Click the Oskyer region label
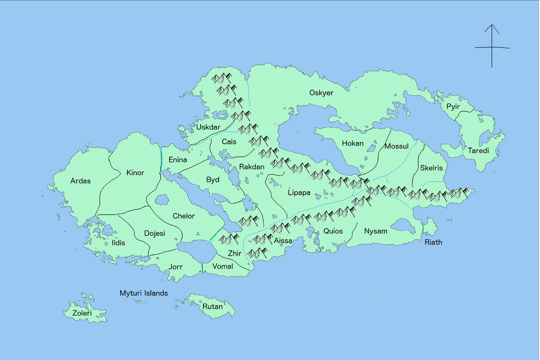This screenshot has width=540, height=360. pyautogui.click(x=321, y=93)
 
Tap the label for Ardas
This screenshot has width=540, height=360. pyautogui.click(x=81, y=181)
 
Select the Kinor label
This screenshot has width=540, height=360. pyautogui.click(x=135, y=173)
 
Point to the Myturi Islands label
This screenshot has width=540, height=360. pyautogui.click(x=144, y=293)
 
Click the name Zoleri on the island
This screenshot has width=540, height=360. pyautogui.click(x=82, y=313)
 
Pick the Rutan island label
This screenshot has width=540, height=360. pyautogui.click(x=212, y=306)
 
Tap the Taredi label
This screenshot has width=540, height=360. pyautogui.click(x=478, y=150)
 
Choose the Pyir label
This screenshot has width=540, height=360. pyautogui.click(x=453, y=107)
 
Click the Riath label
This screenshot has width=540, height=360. pyautogui.click(x=433, y=242)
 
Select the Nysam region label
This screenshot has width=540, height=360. pyautogui.click(x=375, y=231)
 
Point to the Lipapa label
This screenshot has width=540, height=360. pyautogui.click(x=299, y=193)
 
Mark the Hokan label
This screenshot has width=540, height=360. pyautogui.click(x=352, y=144)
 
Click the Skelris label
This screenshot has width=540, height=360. pyautogui.click(x=431, y=168)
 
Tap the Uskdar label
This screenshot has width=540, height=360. pyautogui.click(x=208, y=127)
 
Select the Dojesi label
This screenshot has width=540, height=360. pyautogui.click(x=154, y=233)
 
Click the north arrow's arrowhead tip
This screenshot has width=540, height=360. pyautogui.click(x=491, y=25)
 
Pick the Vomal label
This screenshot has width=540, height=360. pyautogui.click(x=222, y=266)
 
